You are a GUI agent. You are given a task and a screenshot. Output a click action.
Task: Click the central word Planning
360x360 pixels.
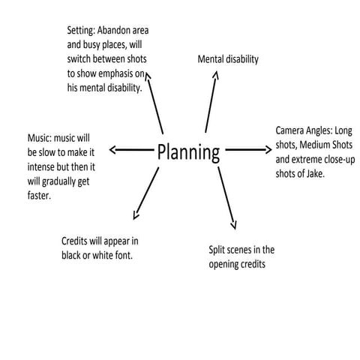coord(188,152)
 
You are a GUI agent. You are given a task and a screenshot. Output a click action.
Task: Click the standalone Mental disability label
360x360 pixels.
coord(228,58)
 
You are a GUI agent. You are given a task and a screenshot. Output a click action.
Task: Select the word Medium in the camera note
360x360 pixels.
coord(319,144)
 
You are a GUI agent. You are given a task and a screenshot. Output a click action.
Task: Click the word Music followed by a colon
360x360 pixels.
coord(40,139)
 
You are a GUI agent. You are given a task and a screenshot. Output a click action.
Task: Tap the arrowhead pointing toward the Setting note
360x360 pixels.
coord(148,76)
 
